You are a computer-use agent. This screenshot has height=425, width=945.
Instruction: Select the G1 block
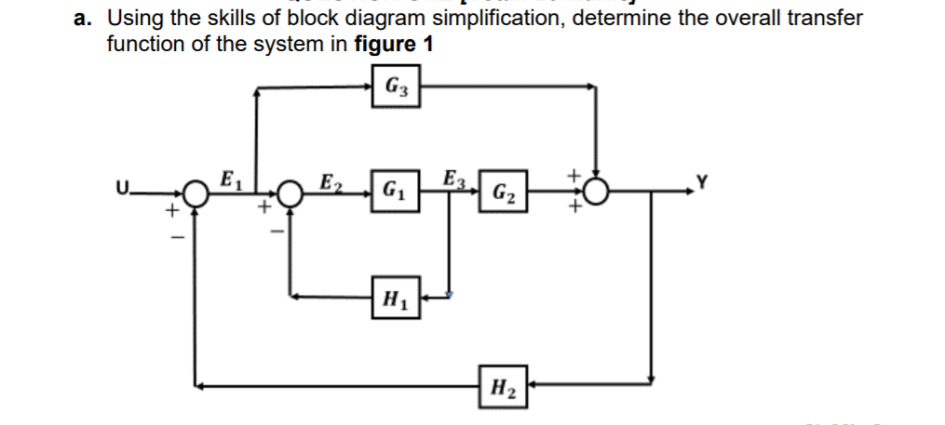(x=393, y=193)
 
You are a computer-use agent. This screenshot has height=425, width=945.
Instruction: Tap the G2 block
(x=504, y=193)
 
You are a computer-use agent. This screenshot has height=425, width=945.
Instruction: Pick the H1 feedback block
(x=393, y=299)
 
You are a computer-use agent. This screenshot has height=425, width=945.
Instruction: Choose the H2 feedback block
(x=504, y=383)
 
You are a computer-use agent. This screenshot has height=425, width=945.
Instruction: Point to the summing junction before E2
(x=290, y=193)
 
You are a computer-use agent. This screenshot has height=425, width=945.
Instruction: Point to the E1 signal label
(x=227, y=178)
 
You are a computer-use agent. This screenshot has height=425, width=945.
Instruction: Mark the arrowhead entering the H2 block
(x=533, y=383)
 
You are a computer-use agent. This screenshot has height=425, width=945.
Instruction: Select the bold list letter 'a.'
(x=87, y=18)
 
